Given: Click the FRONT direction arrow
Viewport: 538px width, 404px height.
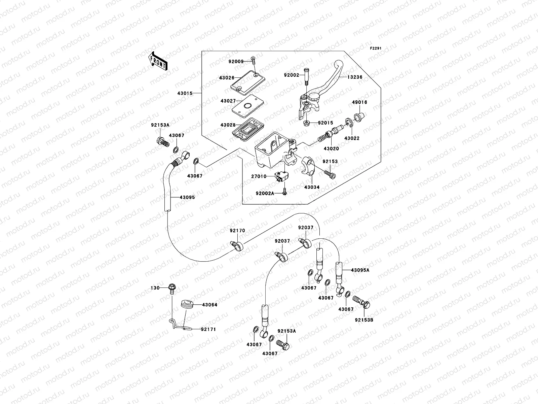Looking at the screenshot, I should [x=158, y=61].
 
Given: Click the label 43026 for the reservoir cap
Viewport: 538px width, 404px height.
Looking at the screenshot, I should [x=227, y=77].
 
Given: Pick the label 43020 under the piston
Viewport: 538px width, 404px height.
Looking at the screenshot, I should [x=331, y=148].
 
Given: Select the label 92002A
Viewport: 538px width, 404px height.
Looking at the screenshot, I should [x=265, y=193].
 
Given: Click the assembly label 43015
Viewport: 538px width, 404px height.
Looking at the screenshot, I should [x=185, y=93].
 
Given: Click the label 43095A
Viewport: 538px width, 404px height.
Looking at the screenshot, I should [x=360, y=270].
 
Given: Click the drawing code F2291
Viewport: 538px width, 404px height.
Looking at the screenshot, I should [x=376, y=48].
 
